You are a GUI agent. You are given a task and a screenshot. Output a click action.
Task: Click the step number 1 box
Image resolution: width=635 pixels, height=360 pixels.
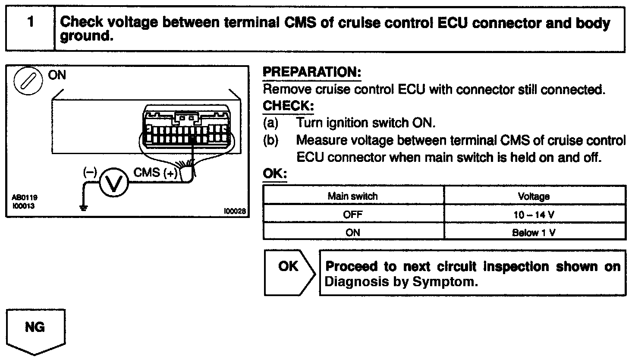click(x=30, y=29)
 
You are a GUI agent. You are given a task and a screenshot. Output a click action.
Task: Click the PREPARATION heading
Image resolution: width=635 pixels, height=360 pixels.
click(x=311, y=72)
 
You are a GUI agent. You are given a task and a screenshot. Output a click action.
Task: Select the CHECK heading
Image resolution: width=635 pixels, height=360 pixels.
click(x=288, y=106)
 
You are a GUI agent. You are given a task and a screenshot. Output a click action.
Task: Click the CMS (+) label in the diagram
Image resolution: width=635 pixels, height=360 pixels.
click(x=155, y=173)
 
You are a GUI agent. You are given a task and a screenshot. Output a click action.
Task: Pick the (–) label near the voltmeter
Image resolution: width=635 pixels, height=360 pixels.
click(x=90, y=172)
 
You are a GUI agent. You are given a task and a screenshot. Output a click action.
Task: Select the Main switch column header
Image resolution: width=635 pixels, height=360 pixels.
click(x=352, y=196)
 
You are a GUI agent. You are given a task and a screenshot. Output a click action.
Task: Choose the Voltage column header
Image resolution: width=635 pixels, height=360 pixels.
click(x=534, y=196)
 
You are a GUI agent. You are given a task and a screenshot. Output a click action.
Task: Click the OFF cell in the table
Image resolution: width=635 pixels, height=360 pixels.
click(x=353, y=214)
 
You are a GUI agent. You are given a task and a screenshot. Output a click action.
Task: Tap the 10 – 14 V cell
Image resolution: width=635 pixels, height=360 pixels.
click(x=534, y=214)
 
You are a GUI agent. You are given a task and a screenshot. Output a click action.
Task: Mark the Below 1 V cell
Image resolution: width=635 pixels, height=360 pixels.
click(x=534, y=232)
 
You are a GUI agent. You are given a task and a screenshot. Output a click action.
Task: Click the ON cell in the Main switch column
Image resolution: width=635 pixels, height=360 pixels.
click(x=353, y=232)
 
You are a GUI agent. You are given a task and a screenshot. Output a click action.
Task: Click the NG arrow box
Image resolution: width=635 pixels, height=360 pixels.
click(x=35, y=330)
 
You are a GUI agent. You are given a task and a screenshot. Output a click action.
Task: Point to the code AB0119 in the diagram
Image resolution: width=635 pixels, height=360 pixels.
click(x=24, y=198)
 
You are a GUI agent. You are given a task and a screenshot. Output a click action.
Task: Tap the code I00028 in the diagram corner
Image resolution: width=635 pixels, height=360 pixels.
click(x=235, y=211)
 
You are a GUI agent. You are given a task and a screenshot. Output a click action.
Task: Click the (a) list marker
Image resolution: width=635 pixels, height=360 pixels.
click(x=270, y=123)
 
